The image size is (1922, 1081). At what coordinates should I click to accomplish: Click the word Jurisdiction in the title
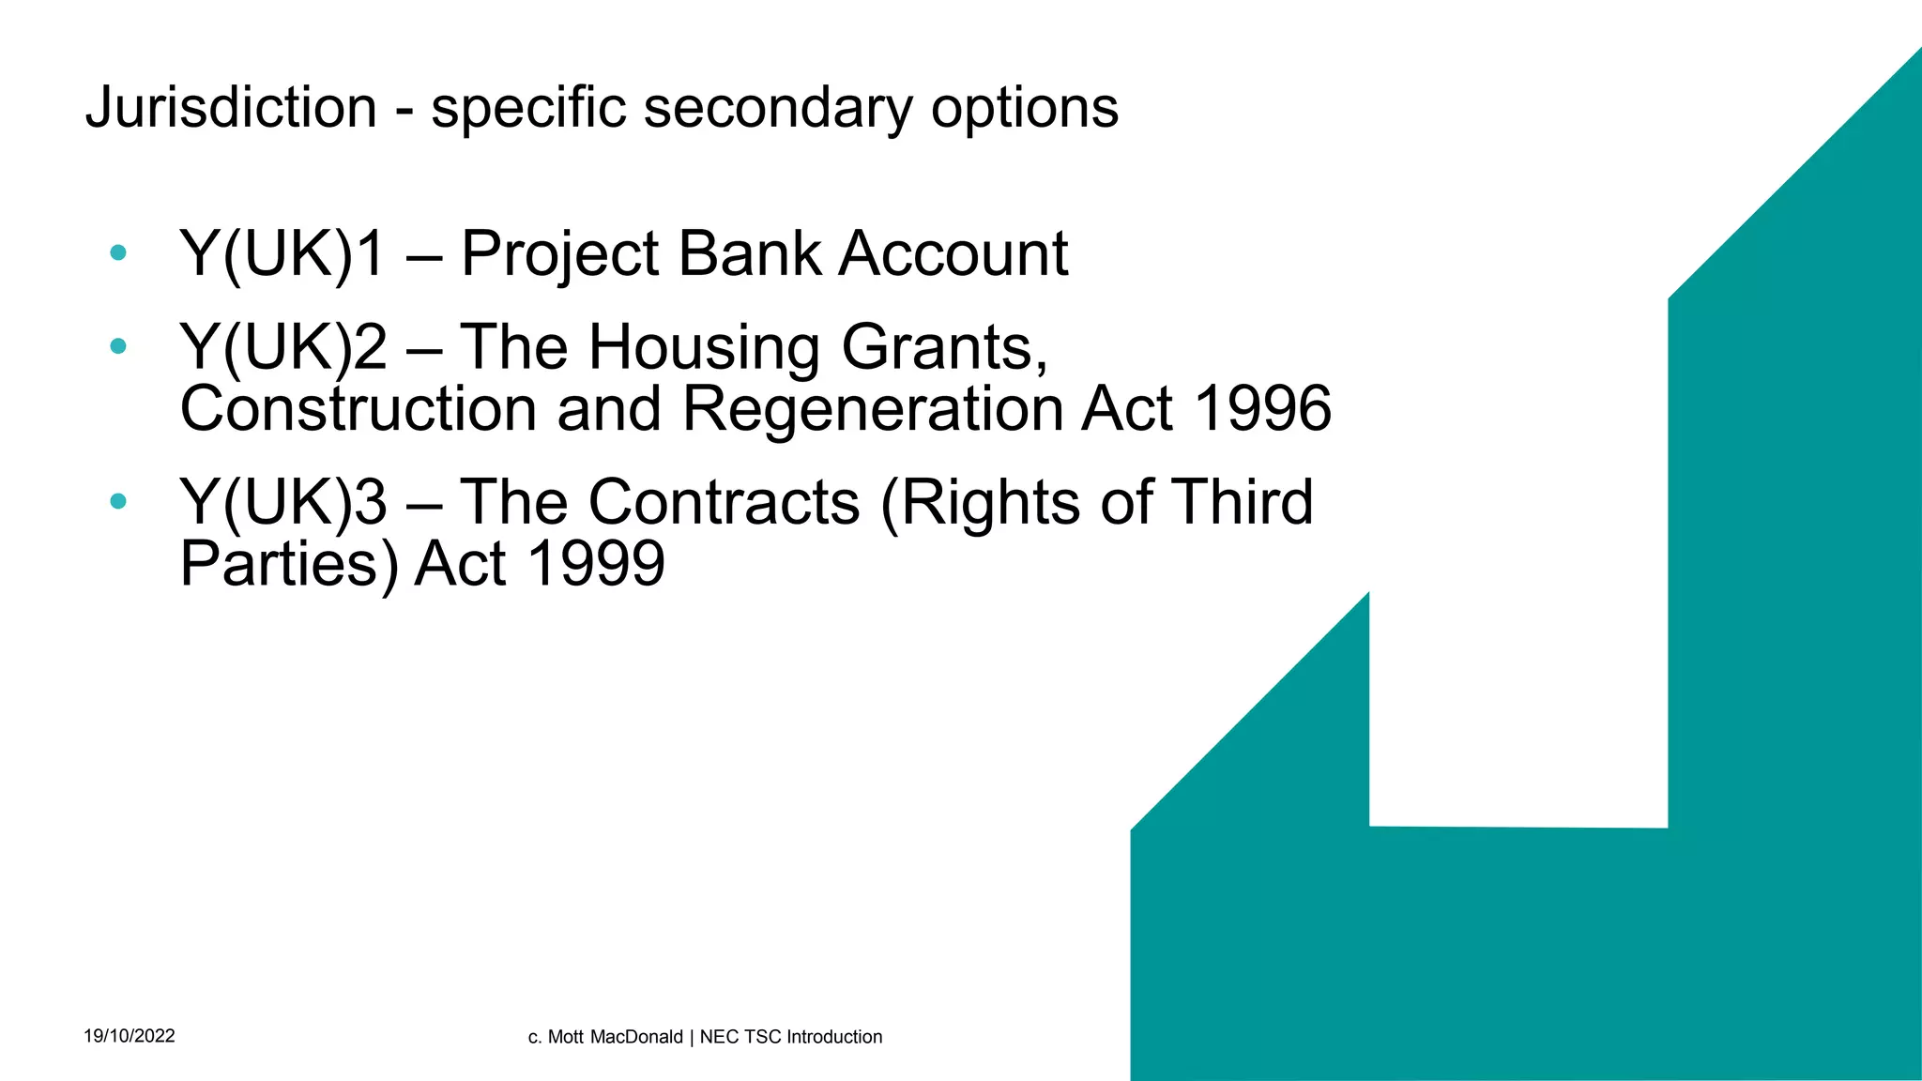click(231, 107)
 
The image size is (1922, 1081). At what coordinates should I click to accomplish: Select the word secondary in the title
click(778, 107)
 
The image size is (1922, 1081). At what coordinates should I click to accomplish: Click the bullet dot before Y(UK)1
click(117, 251)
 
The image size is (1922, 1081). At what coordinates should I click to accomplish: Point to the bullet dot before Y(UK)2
click(117, 345)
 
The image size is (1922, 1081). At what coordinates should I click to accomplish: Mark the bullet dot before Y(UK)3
click(117, 501)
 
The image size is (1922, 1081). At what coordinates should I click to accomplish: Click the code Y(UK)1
click(282, 253)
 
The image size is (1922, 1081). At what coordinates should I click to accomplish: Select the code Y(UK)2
click(282, 347)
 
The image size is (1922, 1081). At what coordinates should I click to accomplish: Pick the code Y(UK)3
click(282, 502)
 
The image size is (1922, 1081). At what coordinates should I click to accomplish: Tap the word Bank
click(749, 253)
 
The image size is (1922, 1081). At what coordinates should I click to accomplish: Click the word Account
click(953, 253)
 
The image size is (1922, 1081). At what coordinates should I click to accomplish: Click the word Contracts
click(724, 502)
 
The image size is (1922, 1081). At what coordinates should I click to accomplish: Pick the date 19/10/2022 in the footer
click(130, 1036)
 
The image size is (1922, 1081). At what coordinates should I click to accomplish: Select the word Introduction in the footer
click(834, 1037)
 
